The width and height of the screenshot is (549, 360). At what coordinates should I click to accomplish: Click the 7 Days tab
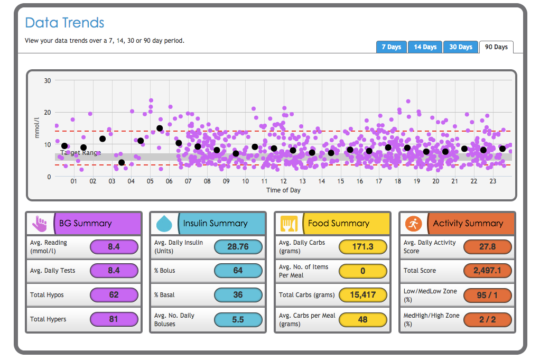point(392,47)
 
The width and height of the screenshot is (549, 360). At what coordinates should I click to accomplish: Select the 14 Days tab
point(425,47)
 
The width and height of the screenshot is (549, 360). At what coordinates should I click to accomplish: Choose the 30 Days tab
point(461,47)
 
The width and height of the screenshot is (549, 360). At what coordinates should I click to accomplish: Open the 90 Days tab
point(496,47)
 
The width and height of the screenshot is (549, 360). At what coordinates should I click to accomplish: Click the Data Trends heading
point(64,23)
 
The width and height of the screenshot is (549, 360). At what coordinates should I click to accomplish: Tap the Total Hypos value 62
point(114,295)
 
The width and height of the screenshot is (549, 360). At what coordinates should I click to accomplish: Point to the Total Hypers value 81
point(114,319)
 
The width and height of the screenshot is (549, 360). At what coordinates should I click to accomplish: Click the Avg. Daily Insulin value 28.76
point(238,247)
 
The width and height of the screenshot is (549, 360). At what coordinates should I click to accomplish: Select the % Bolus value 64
point(238,271)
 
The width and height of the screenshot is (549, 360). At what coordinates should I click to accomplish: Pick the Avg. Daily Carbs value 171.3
point(362,247)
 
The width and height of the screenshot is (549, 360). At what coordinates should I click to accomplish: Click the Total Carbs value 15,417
point(362,295)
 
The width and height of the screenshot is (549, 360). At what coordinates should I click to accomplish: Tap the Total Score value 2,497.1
point(487,271)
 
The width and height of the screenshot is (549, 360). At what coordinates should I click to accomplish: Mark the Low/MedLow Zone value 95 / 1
point(487,295)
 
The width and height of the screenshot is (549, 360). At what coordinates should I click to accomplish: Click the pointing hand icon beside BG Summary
point(40,224)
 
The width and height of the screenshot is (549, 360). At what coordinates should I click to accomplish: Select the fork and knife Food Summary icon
point(289,224)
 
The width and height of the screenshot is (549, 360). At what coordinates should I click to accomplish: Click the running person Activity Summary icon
point(413,224)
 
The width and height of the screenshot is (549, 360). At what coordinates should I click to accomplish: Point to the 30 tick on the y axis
point(48,81)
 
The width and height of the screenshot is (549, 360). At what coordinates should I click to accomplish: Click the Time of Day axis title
point(283,190)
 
